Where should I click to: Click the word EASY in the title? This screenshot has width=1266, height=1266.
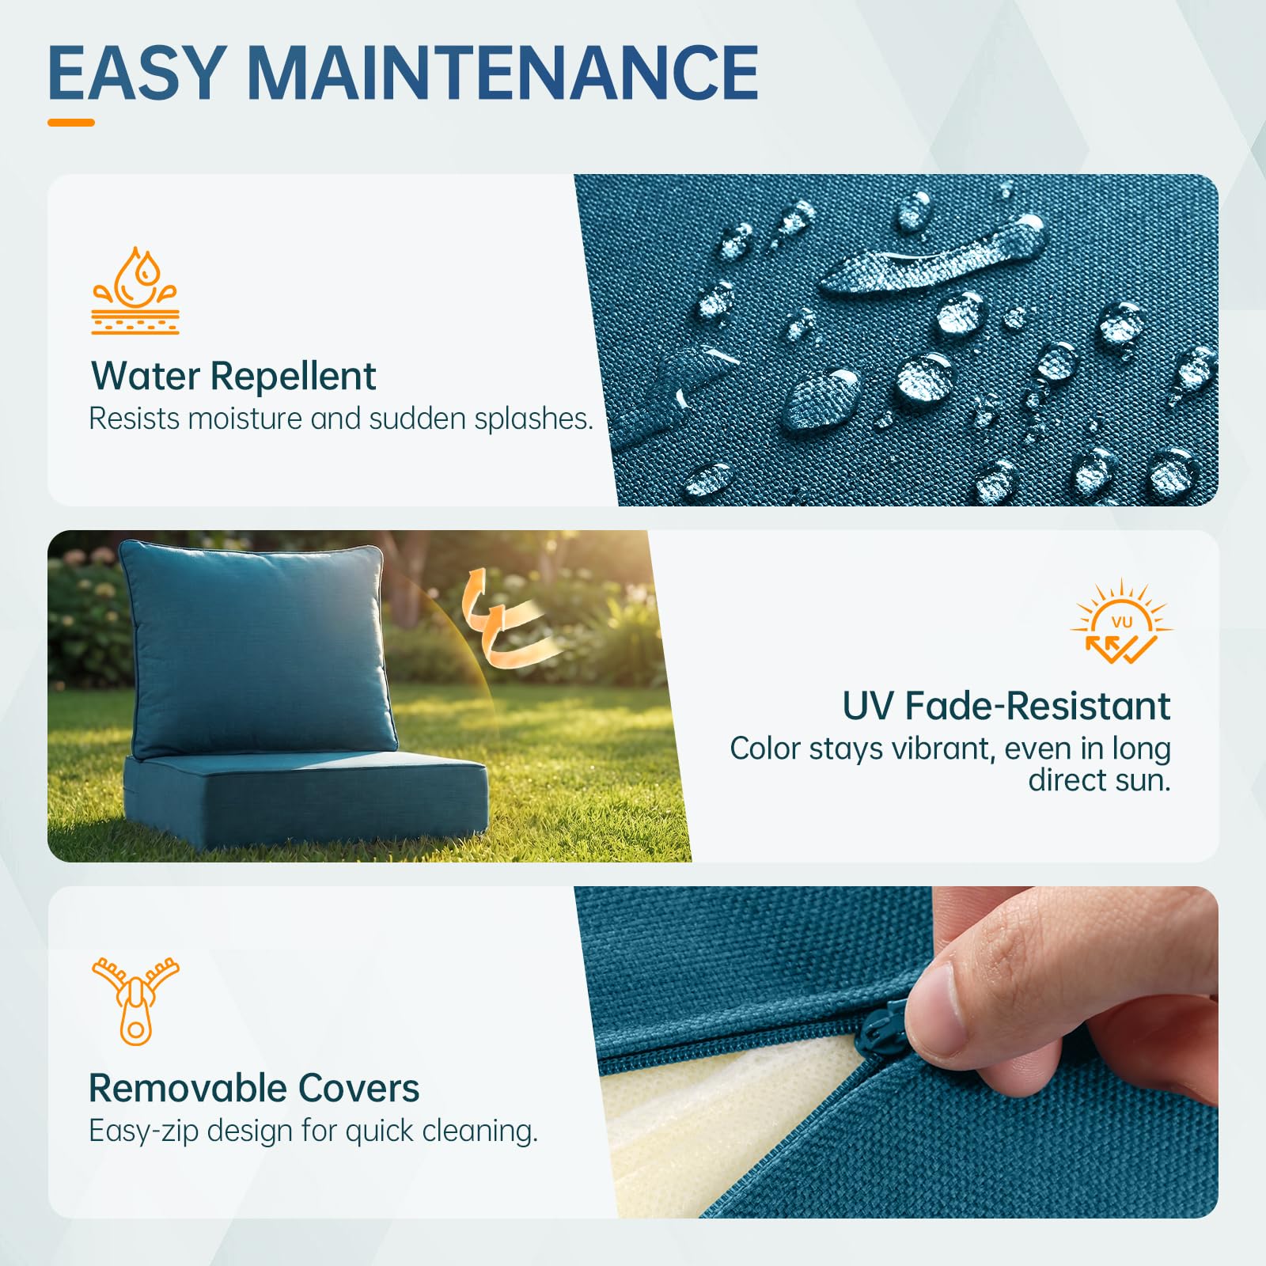click(135, 72)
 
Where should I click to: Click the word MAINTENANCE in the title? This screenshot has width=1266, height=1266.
click(503, 72)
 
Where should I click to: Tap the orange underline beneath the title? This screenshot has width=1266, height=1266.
click(71, 123)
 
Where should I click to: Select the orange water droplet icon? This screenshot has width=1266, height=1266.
click(135, 290)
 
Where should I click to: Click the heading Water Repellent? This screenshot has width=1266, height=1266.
click(233, 376)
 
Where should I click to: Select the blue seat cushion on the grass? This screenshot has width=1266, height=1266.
click(306, 799)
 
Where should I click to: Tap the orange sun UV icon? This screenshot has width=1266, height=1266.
click(1122, 623)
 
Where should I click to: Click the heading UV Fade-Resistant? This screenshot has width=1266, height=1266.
click(1006, 705)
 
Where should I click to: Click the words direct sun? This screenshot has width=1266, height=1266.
click(1099, 780)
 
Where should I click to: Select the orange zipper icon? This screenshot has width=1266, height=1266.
click(135, 1001)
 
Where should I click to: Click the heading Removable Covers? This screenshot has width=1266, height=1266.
click(254, 1088)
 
